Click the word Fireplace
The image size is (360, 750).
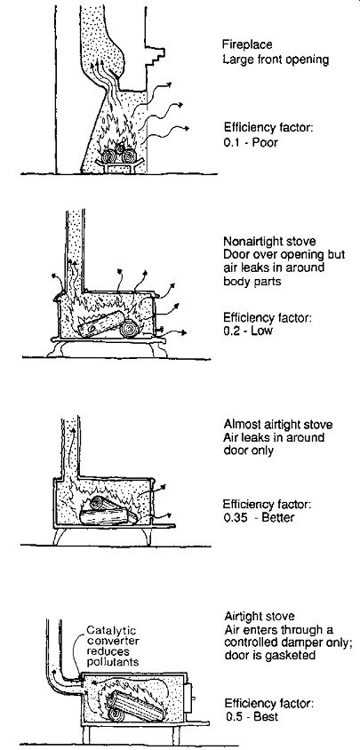tap(247, 44)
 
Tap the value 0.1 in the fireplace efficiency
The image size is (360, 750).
tap(231, 142)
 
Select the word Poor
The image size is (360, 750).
tap(266, 142)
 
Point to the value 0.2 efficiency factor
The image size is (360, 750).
tap(231, 331)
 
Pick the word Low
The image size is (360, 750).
tap(262, 331)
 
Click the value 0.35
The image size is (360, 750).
tap(234, 517)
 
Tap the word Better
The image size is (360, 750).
tap(277, 517)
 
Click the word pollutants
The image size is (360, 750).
tap(113, 662)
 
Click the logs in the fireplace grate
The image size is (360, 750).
tap(119, 154)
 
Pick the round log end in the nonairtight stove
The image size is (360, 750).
tap(129, 329)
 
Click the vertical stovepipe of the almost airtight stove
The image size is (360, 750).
tap(71, 447)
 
